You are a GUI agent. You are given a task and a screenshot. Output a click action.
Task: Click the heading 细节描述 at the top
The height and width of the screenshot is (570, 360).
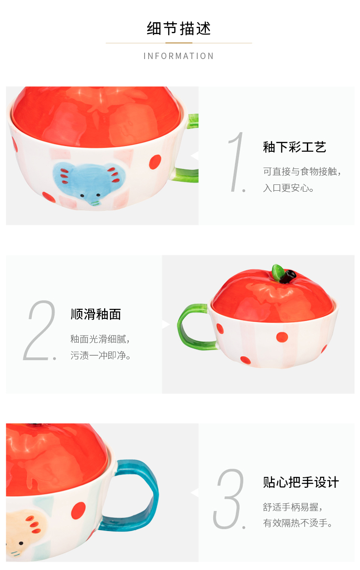pos(179,28)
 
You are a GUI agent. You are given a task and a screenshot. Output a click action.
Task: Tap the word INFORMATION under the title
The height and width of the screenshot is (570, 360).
pos(179,56)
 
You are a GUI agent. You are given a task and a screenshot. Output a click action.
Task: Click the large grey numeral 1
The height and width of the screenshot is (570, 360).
pos(237,162)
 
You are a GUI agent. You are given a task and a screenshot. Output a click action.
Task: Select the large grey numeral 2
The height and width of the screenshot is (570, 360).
pos(40,330)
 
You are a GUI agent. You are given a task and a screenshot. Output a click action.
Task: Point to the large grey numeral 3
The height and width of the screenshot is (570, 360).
pos(229,499)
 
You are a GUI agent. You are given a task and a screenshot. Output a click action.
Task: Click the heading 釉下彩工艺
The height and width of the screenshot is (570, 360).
pos(295,147)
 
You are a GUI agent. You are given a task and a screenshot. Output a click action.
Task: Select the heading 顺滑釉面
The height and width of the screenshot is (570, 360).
pos(96,314)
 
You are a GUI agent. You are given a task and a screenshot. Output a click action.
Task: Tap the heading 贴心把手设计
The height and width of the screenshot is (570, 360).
pos(301,482)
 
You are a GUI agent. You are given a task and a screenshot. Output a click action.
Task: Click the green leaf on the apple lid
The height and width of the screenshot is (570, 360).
pos(278,272)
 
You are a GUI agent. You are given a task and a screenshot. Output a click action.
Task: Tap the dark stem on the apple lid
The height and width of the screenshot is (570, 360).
pos(288,277)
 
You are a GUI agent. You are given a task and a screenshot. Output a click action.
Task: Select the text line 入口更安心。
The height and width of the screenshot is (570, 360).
pos(288,188)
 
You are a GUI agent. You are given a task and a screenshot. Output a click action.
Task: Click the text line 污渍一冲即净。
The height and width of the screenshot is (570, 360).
pos(100,356)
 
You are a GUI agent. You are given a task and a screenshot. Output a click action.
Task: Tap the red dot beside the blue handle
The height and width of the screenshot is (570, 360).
pos(78,511)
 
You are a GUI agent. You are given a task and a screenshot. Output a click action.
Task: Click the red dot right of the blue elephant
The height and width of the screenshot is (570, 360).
pos(155,162)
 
